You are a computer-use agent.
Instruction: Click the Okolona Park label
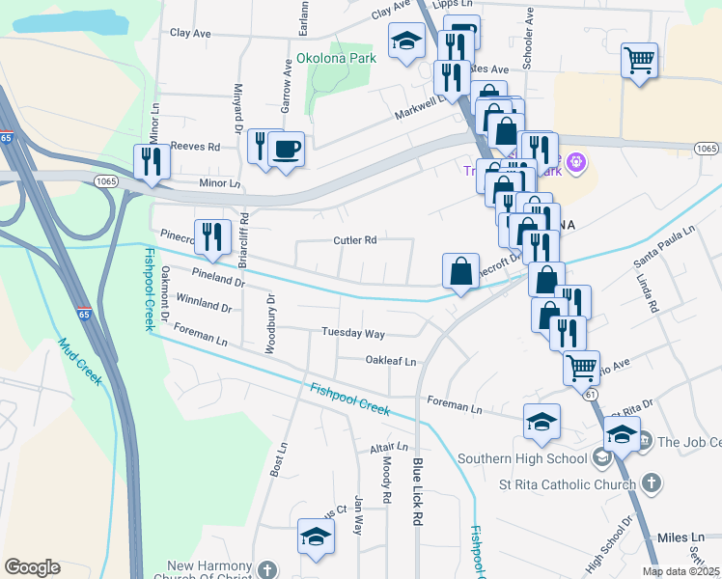click(336, 58)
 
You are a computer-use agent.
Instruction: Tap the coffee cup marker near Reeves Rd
click(286, 150)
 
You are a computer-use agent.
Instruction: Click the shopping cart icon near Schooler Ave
click(639, 61)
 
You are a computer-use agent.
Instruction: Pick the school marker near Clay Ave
click(406, 41)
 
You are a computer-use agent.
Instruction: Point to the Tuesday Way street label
click(353, 334)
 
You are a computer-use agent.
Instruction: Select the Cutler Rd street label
click(354, 240)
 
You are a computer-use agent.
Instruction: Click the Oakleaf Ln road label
click(390, 361)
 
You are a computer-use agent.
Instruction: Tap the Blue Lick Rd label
click(417, 491)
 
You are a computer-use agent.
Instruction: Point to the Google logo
click(32, 567)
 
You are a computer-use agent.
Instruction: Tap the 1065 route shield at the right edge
click(706, 148)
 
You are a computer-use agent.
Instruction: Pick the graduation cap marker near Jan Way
click(315, 537)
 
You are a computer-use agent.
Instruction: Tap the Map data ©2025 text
click(680, 571)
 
